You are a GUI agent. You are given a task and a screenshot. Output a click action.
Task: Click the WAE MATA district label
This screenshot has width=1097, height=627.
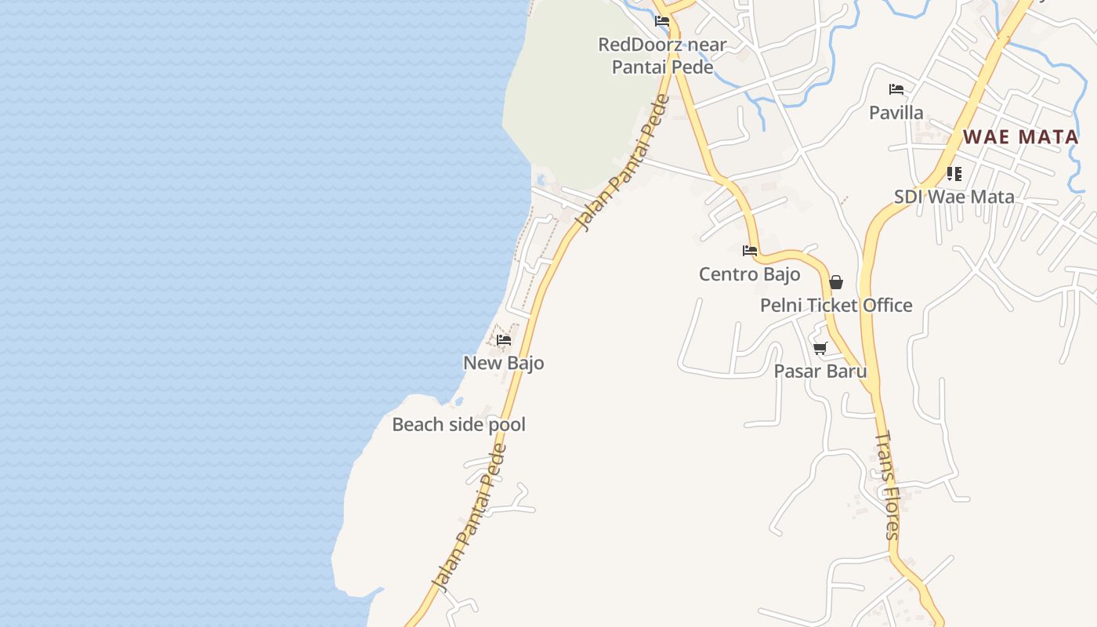click(x=1020, y=137)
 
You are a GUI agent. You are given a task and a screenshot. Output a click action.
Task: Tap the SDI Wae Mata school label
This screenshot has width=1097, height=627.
click(x=954, y=197)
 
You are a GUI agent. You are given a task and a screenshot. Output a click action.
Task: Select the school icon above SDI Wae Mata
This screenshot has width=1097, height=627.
click(x=954, y=173)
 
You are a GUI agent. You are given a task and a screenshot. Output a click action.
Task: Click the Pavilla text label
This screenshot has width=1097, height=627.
click(x=896, y=113)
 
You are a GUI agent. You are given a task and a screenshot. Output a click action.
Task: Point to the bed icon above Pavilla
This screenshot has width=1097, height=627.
click(x=896, y=89)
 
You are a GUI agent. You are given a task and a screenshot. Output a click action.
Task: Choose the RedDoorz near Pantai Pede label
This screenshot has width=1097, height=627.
click(x=662, y=56)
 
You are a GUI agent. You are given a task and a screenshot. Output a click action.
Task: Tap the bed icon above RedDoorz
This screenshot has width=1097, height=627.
click(x=662, y=21)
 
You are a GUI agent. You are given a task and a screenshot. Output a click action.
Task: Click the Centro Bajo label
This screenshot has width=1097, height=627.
click(x=749, y=274)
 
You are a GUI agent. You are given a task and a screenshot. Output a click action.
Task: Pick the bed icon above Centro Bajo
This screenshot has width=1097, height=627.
click(x=750, y=251)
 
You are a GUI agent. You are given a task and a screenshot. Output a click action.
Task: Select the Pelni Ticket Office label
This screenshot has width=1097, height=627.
click(x=836, y=306)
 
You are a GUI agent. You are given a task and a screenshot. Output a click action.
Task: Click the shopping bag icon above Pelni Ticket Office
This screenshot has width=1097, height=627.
click(x=836, y=282)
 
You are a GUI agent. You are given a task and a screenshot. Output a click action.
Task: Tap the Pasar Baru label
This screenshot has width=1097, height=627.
click(x=820, y=371)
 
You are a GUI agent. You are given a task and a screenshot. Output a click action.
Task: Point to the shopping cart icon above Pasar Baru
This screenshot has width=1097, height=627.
click(x=820, y=348)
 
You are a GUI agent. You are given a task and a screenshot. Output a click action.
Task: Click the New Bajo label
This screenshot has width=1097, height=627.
click(x=503, y=363)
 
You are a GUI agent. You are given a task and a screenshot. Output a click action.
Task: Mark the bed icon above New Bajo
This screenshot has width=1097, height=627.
click(x=504, y=340)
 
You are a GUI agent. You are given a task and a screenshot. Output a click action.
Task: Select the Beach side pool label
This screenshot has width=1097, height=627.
click(x=458, y=425)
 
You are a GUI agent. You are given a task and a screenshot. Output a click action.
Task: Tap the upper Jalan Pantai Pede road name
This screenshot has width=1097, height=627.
click(x=622, y=163)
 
